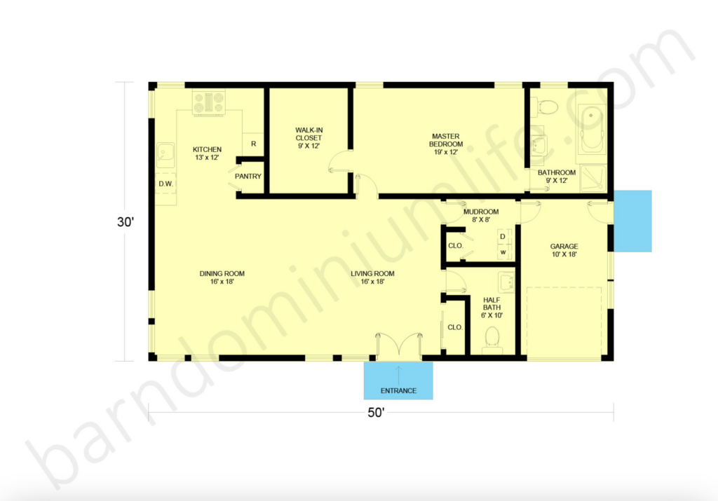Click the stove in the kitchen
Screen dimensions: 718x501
[208, 102]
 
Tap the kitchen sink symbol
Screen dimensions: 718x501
[165, 155]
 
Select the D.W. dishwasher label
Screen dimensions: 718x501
[165, 184]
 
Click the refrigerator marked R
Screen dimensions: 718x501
[253, 144]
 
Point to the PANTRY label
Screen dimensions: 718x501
[248, 176]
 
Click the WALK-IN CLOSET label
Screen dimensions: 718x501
[309, 138]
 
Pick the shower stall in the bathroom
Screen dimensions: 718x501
[594, 179]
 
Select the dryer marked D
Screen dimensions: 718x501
[503, 237]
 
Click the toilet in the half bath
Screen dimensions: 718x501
[492, 338]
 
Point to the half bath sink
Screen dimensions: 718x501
[506, 282]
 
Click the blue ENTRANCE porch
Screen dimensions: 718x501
[398, 380]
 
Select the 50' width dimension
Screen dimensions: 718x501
[376, 413]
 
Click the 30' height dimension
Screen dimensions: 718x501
[126, 222]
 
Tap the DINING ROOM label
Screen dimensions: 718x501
[222, 277]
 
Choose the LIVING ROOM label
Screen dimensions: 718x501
[373, 277]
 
